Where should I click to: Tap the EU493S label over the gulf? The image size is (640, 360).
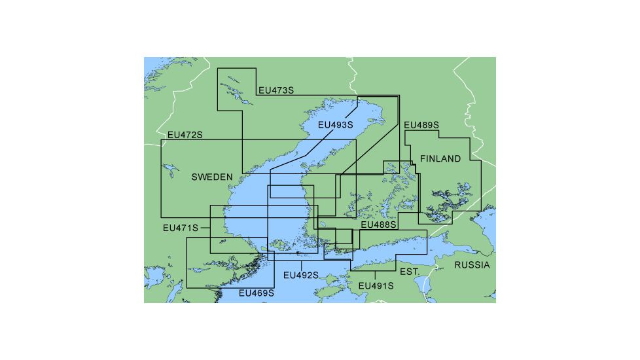point(335,124)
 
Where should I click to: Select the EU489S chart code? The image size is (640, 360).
point(421,125)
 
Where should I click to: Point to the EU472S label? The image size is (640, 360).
point(185,135)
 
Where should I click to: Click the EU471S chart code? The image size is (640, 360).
point(180,228)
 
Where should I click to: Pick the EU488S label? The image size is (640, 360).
point(379,225)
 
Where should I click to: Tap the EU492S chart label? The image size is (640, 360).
point(300,276)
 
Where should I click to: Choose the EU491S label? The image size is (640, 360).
point(376,286)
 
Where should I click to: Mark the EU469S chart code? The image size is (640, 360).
point(256,293)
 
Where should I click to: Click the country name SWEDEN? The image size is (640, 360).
point(212,177)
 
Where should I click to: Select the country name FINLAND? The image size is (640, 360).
point(440,159)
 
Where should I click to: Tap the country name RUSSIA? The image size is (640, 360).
point(472,265)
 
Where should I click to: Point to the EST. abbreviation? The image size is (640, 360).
point(410,271)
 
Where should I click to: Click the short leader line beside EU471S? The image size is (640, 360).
point(205,228)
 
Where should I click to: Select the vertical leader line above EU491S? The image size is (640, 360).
point(374,276)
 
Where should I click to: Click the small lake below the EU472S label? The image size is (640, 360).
point(171,171)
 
